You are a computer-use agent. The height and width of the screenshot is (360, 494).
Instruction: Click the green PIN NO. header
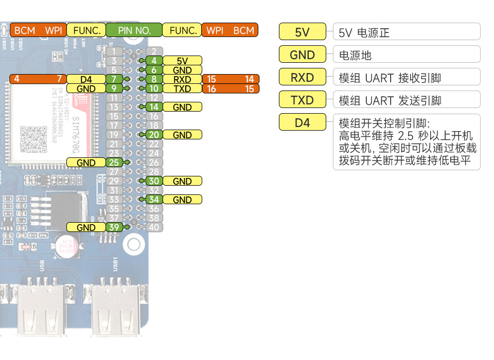134,30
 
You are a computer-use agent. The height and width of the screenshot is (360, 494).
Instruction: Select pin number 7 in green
114,79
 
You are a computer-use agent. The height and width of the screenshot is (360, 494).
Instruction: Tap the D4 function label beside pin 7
86,79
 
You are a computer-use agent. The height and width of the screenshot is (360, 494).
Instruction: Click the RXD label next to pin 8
182,79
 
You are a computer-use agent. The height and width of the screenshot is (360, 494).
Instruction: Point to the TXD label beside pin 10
182,88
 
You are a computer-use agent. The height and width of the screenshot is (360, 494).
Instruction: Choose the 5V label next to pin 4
182,61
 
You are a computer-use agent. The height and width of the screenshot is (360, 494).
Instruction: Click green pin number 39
114,227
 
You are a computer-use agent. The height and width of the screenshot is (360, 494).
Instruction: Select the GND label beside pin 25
86,163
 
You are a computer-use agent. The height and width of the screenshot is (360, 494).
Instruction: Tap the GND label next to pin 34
182,200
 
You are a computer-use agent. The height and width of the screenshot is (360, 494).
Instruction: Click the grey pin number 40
154,227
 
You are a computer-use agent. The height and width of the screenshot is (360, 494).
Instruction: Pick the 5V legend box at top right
302,32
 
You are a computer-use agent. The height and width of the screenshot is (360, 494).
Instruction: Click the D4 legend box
302,123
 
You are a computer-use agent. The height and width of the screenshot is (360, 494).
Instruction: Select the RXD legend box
302,77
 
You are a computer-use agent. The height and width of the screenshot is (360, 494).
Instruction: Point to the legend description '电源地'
356,55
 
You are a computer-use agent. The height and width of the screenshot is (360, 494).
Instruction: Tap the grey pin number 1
114,51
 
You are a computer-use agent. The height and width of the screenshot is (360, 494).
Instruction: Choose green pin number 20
154,135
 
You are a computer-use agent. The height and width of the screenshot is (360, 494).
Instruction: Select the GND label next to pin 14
182,107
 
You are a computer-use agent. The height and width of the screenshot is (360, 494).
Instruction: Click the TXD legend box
302,100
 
